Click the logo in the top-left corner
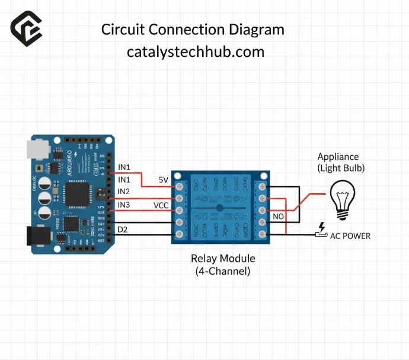coord(27,28)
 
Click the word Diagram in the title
coord(257,30)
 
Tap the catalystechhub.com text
coord(196,52)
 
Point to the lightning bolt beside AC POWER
coord(322,227)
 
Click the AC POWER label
coord(350,236)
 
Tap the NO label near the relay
coord(279,217)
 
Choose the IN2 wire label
coord(124,191)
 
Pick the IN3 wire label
coord(124,205)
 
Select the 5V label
coord(164,179)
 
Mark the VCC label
coord(161,205)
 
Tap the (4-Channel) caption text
coord(223,271)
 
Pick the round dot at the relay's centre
coord(219,208)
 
